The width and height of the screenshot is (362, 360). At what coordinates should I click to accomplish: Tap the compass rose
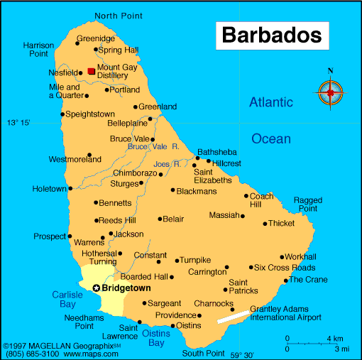point(330,92)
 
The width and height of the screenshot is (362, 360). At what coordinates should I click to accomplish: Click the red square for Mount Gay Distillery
point(91,71)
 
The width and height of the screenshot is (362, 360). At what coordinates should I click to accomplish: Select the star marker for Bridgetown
point(96,288)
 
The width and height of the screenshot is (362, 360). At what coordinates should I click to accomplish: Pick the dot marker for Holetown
point(71,188)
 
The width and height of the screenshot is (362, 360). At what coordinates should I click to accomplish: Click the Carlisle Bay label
point(68,299)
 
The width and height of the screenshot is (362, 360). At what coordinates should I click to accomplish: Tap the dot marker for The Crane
point(285,280)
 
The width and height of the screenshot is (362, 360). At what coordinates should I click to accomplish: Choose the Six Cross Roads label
point(285,268)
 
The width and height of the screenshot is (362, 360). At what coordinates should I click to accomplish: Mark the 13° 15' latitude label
point(19,123)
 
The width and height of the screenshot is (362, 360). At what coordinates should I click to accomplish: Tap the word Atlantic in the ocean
point(270,103)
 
